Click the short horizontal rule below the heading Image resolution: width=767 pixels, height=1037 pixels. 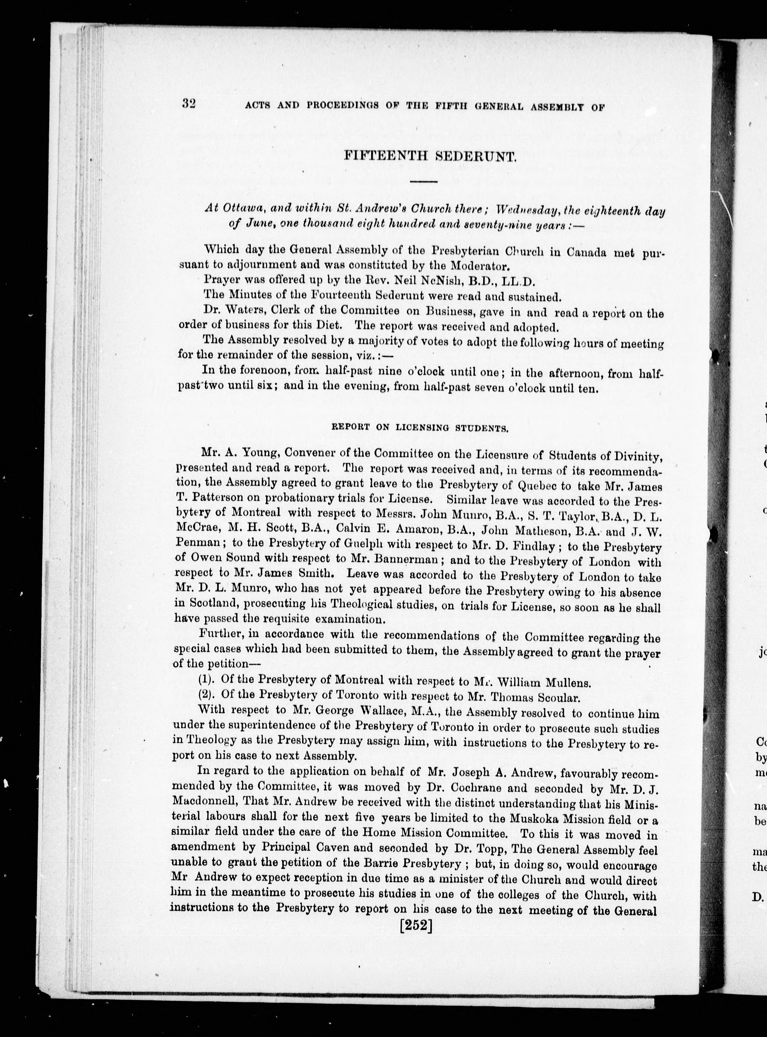point(424,181)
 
